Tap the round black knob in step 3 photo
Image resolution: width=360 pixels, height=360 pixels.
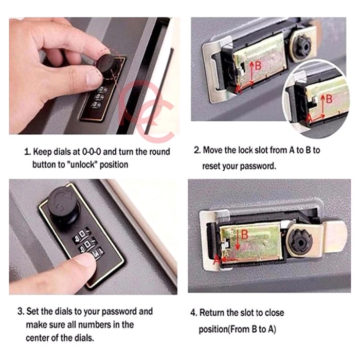pyautogui.click(x=62, y=204)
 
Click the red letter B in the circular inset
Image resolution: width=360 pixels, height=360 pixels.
pyautogui.click(x=329, y=99)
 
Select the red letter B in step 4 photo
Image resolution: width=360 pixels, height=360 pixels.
pyautogui.click(x=245, y=235)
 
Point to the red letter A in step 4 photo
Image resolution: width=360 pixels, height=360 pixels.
pyautogui.click(x=217, y=259)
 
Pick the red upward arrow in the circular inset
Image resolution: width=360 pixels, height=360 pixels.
pyautogui.click(x=323, y=105)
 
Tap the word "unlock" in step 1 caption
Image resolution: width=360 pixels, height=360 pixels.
pyautogui.click(x=83, y=165)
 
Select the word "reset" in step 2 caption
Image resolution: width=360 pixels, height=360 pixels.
pyautogui.click(x=211, y=166)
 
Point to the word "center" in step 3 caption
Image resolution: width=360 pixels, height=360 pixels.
pyautogui.click(x=37, y=338)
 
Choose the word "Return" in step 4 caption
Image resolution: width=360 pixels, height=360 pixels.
pyautogui.click(x=212, y=313)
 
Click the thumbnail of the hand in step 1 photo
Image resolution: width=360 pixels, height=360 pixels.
pyautogui.click(x=93, y=76)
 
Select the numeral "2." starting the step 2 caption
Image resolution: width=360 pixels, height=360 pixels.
pyautogui.click(x=197, y=150)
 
